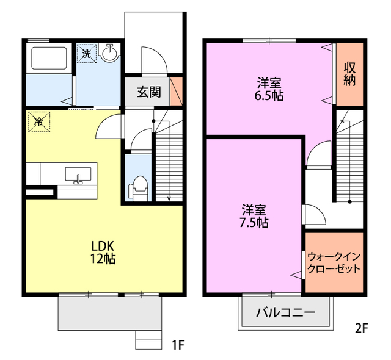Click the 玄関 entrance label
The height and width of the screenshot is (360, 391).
(x=148, y=92)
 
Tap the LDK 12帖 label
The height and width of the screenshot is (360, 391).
(x=103, y=251)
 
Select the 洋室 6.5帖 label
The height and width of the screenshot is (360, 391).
(x=269, y=89)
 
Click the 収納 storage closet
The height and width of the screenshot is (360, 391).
(x=349, y=74)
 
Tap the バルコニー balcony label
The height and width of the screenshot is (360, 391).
(x=285, y=314)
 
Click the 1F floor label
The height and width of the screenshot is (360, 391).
(x=177, y=346)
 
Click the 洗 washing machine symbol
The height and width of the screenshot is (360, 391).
(x=86, y=53)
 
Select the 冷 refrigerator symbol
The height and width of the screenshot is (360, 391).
(x=38, y=121)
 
